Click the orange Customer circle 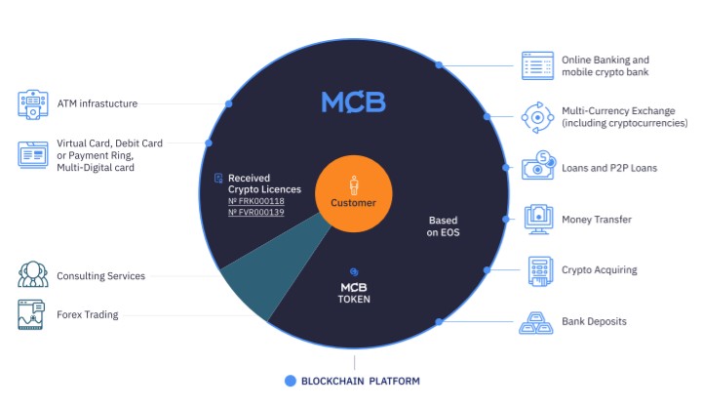[x=354, y=193]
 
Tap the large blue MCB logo [x=353, y=102]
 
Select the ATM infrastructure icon [x=33, y=104]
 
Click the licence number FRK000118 [x=256, y=201]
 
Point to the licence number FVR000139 [x=256, y=212]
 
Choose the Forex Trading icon [x=31, y=314]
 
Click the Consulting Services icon [x=33, y=274]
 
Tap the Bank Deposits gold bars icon [x=536, y=323]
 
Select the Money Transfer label [x=597, y=220]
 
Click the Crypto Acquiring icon [x=540, y=270]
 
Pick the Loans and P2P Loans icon [x=538, y=165]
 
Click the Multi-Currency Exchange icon [x=537, y=117]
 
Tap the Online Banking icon [x=537, y=66]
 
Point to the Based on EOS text [x=443, y=225]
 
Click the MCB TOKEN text [x=354, y=293]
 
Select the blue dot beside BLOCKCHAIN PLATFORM [x=291, y=381]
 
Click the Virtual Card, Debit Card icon [x=33, y=154]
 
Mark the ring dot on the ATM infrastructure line [x=229, y=104]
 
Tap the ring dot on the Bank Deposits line [x=439, y=321]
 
